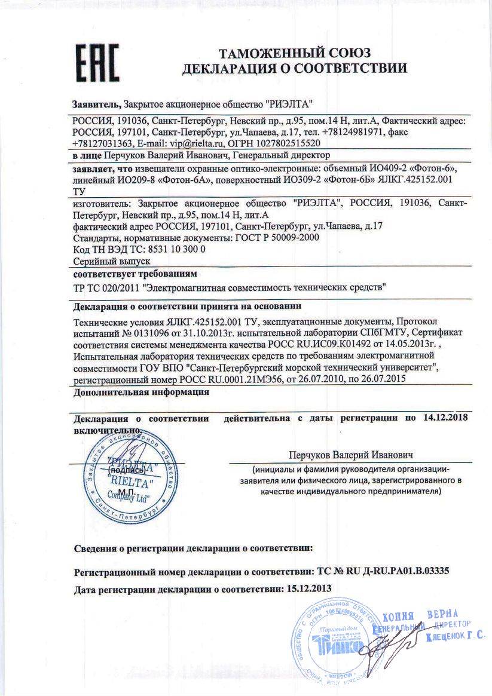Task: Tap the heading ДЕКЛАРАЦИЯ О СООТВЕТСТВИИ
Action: pyautogui.click(x=295, y=68)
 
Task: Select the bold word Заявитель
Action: pyautogui.click(x=96, y=103)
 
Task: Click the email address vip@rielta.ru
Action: pyautogui.click(x=174, y=143)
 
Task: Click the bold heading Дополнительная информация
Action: pyautogui.click(x=141, y=393)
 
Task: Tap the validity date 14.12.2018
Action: pyautogui.click(x=444, y=417)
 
